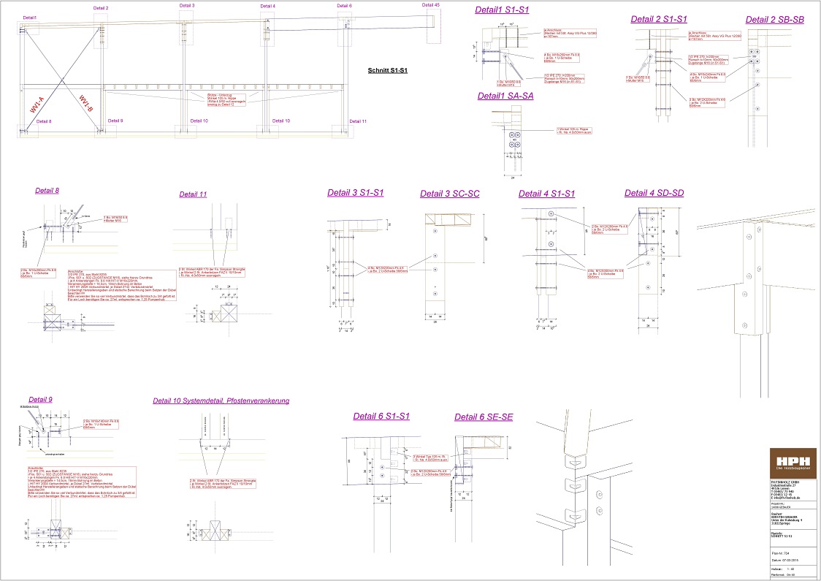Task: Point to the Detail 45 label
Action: [431, 5]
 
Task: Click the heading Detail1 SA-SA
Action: [505, 96]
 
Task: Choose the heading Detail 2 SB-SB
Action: [774, 20]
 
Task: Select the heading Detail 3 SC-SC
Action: [449, 194]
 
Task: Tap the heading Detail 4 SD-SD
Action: [654, 193]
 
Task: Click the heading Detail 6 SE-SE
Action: [484, 417]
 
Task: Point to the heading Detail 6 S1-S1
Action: [381, 416]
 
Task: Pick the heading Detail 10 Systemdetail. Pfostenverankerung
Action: [221, 400]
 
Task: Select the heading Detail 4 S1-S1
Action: [546, 194]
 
